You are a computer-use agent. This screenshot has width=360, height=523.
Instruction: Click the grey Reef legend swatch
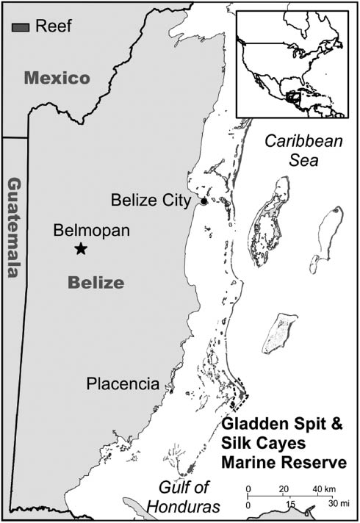click(x=21, y=26)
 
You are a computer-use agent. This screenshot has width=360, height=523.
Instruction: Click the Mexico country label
click(x=56, y=78)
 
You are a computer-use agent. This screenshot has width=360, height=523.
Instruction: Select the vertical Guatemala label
click(x=12, y=227)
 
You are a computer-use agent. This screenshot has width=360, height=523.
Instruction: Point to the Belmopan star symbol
click(x=81, y=249)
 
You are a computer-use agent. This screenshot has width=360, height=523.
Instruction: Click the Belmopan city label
click(x=92, y=231)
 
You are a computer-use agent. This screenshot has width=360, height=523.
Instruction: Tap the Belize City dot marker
click(x=204, y=201)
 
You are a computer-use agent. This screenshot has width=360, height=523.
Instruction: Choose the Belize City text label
click(x=153, y=200)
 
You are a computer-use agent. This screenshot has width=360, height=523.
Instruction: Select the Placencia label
click(x=123, y=383)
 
